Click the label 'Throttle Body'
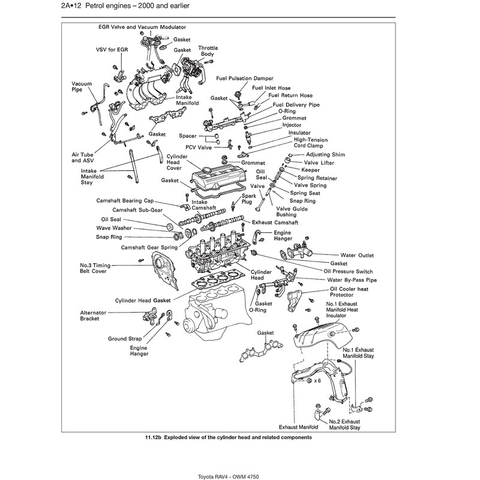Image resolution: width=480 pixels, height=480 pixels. point(208,51)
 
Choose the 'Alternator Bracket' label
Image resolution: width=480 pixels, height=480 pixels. point(94,316)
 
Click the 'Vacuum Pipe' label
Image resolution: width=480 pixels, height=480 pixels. point(81,87)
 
